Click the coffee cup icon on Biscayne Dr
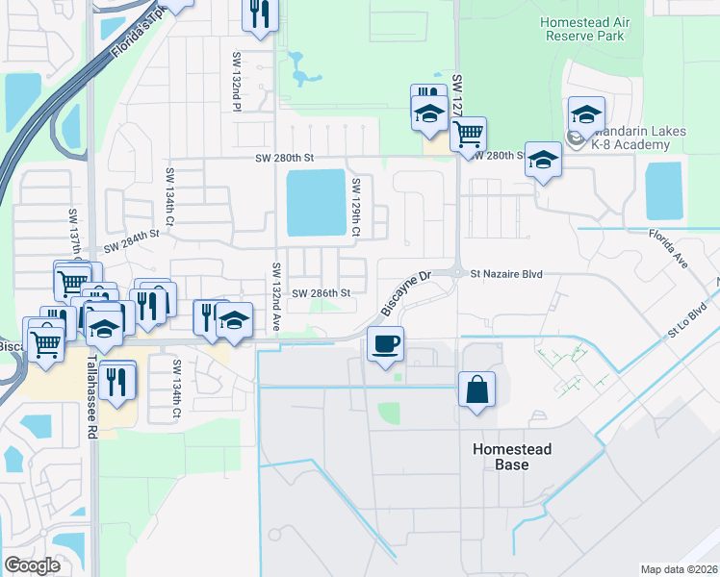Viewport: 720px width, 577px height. click(385, 343)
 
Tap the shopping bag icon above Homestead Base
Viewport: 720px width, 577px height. click(477, 389)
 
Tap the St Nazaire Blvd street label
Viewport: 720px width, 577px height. click(506, 274)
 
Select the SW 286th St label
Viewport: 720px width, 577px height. click(321, 292)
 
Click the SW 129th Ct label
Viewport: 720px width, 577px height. click(355, 209)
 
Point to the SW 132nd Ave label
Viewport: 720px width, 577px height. click(276, 298)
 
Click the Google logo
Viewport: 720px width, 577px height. click(33, 565)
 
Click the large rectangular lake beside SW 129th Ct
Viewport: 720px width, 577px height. click(316, 202)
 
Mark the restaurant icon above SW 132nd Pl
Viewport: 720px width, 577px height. click(260, 14)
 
